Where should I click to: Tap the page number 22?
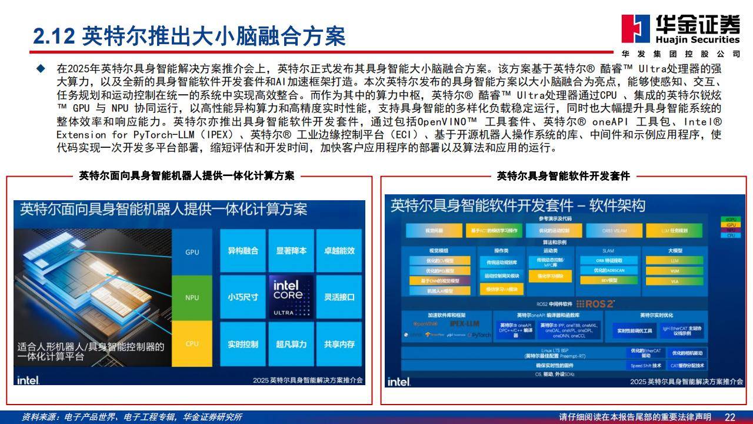[729, 417]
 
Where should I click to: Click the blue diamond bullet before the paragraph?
[41, 68]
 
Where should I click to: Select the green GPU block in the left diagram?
[192, 252]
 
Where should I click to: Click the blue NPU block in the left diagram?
[192, 297]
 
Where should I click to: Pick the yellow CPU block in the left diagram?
[192, 344]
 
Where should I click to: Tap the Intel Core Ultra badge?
[291, 297]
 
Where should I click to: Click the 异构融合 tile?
[243, 251]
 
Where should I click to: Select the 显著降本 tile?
[291, 251]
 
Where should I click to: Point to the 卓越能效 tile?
[339, 251]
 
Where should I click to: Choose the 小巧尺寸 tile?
[243, 297]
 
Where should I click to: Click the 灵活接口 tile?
[339, 297]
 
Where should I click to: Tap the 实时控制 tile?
[243, 344]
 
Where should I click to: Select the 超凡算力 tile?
[291, 344]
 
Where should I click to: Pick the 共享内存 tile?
[339, 344]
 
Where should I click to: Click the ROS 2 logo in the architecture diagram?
[595, 304]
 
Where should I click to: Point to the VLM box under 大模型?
[674, 271]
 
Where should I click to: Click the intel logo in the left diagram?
[28, 380]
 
